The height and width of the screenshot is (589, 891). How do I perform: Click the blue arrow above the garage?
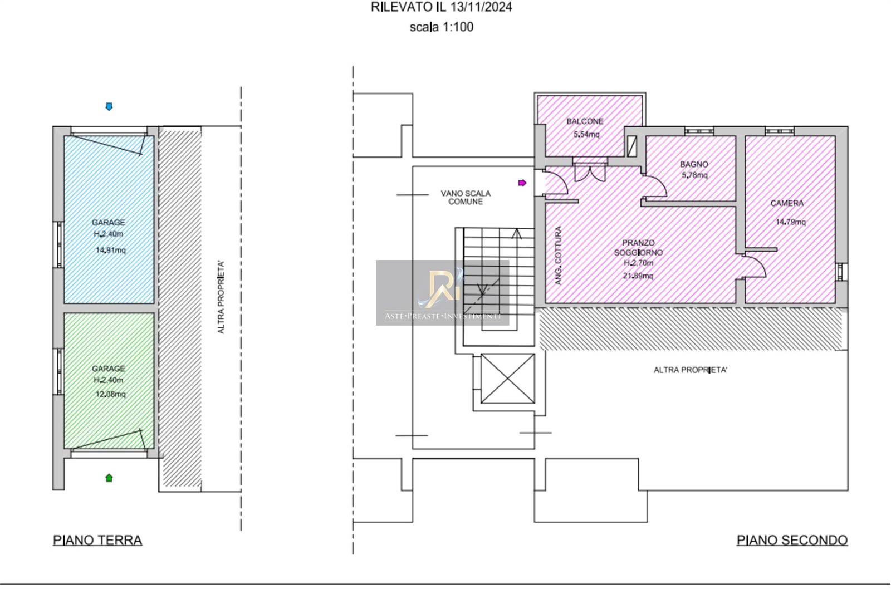click(x=109, y=106)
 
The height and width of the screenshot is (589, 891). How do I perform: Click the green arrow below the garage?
click(x=109, y=478)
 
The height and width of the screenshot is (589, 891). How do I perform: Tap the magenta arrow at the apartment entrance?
click(x=522, y=183)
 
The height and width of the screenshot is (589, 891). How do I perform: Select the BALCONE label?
click(x=585, y=121)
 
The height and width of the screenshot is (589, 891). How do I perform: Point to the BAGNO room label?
click(x=694, y=164)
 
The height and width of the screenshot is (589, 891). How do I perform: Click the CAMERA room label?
click(x=787, y=203)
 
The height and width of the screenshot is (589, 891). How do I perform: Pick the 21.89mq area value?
click(x=638, y=276)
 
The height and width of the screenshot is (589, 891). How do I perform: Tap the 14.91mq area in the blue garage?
click(x=111, y=250)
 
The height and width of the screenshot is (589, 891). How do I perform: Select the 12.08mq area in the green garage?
click(x=111, y=394)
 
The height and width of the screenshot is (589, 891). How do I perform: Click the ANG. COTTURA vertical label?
click(x=559, y=256)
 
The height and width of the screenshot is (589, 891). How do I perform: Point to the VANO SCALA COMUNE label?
click(x=466, y=197)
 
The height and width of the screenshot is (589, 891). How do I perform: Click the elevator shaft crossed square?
click(x=507, y=379)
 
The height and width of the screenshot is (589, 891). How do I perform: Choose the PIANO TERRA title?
click(x=97, y=540)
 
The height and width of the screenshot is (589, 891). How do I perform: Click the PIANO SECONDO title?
click(x=792, y=540)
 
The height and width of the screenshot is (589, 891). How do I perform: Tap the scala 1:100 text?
click(x=442, y=27)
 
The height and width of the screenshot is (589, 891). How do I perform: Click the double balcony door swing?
click(x=590, y=173)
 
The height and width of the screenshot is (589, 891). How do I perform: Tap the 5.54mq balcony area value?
click(x=586, y=134)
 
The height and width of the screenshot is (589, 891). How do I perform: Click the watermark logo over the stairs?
click(x=442, y=292)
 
